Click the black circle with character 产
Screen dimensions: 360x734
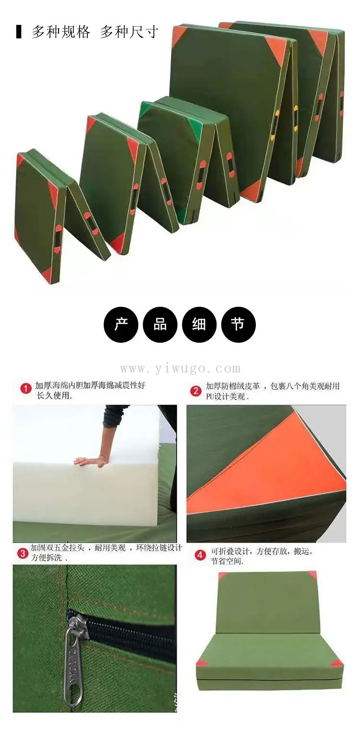pos(121,325)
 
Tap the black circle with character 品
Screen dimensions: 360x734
pos(160,325)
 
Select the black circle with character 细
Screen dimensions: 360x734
pos(199,325)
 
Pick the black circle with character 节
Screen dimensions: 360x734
pos(238,325)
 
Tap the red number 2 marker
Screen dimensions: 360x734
pos(196,391)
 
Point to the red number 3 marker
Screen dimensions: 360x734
pos(22,554)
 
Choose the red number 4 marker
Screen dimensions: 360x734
pos(200,555)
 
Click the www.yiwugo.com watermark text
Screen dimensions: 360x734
pos(180,369)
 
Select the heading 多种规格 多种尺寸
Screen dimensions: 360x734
pos(95,33)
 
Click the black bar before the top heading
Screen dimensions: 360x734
pos(19,32)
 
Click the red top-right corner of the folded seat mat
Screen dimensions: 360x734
pos(312,575)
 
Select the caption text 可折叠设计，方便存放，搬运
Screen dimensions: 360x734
pos(262,551)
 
